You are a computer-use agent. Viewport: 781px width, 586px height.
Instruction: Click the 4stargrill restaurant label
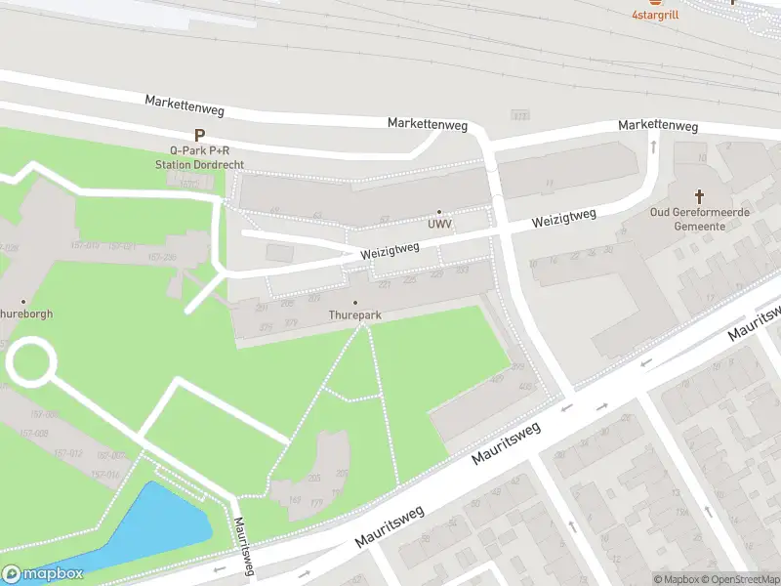click(655, 15)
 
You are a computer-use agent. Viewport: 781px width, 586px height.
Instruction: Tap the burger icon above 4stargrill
click(655, 2)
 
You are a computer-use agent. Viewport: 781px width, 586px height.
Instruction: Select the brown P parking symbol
click(199, 136)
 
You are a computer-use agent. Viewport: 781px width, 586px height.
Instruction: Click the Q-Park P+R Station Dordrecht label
click(199, 158)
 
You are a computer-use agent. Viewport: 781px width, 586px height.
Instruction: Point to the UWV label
click(438, 225)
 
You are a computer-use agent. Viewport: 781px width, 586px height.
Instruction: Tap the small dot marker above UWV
click(438, 212)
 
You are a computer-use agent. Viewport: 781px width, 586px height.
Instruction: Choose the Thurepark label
click(354, 315)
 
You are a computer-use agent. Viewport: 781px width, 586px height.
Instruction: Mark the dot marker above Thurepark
click(354, 303)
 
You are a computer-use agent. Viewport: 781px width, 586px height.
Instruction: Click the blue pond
click(156, 527)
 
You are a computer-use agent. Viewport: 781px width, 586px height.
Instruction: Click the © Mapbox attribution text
click(676, 579)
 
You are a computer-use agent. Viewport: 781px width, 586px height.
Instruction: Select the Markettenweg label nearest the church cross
click(658, 126)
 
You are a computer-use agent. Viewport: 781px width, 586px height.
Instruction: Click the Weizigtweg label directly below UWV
click(390, 251)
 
